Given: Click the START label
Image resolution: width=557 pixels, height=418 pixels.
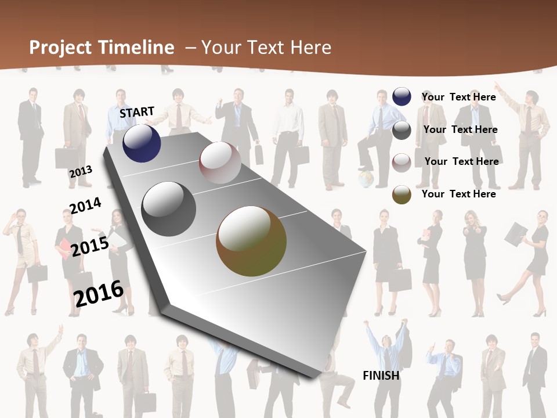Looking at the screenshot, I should coord(137,112).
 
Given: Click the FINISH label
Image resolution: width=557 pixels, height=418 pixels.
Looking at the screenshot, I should coord(381,376).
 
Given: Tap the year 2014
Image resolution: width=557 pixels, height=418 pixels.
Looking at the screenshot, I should coord(85,206).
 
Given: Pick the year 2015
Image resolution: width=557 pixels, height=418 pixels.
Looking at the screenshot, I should coord(90,247).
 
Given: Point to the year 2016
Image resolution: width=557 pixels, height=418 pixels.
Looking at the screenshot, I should coord(99,293).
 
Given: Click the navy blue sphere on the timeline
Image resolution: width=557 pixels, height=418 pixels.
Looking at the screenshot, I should coord(142,143).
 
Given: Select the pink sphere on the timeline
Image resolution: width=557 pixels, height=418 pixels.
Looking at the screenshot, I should coord(220,163).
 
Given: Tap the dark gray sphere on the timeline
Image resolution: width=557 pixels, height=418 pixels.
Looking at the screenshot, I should coord(169,208).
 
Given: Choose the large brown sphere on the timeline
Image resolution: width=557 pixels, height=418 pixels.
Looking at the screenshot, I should coord(251,241).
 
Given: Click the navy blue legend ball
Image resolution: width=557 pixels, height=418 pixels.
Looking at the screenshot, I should coord(402,96).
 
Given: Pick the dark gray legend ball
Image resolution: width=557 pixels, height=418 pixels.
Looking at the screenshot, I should coord(402,130).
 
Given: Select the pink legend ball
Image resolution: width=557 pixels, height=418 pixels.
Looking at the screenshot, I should coord(402,163).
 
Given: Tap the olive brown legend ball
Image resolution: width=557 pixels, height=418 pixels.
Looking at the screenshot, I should coord(402,194).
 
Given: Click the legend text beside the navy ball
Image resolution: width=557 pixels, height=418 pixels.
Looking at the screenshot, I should coord(458,97).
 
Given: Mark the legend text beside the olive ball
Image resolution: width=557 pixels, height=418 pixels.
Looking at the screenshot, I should coord(458,194).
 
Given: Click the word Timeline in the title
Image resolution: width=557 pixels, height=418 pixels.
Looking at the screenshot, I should coord(138,48).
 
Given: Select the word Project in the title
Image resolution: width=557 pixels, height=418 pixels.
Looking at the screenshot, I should coord(62,48).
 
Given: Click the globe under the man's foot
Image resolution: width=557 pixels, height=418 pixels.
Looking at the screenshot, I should coord(366,179).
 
